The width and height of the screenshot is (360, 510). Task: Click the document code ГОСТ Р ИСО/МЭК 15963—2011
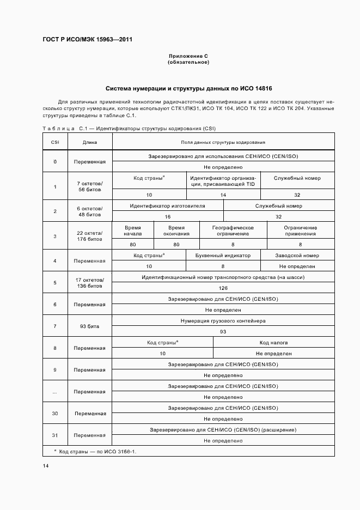click(87, 40)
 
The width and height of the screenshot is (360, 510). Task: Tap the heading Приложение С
click(188, 56)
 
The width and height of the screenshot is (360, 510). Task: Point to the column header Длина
click(90, 142)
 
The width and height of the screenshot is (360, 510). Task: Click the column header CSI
click(55, 142)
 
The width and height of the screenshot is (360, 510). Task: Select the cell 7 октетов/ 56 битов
click(90, 186)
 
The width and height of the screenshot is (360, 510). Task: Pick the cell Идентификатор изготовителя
click(167, 206)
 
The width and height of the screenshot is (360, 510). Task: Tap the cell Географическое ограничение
click(233, 230)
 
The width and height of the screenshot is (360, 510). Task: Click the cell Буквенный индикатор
click(223, 255)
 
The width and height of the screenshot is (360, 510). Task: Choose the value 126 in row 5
click(223, 288)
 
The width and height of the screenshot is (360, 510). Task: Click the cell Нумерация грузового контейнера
click(223, 321)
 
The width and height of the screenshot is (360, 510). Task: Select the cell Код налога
click(273, 342)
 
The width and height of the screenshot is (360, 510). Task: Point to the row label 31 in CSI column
click(55, 435)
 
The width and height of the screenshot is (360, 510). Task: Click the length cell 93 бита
click(90, 326)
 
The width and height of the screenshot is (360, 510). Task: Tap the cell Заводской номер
click(297, 255)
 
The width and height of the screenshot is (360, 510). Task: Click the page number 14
click(46, 466)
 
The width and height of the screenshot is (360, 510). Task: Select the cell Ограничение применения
click(300, 230)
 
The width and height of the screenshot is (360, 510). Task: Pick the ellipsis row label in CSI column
click(55, 392)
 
